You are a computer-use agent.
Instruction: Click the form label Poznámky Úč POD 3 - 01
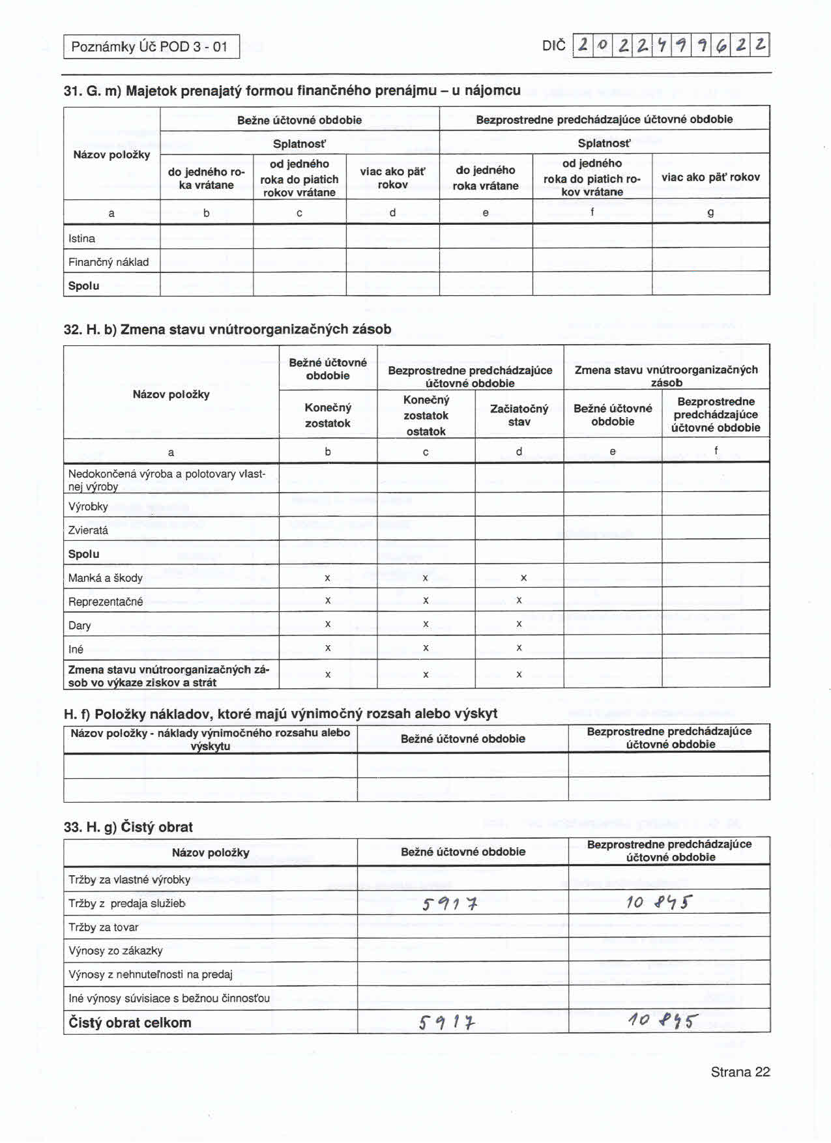149,47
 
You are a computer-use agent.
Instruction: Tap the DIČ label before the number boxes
553,46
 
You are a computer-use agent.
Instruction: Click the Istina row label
81,239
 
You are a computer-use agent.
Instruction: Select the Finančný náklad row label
108,262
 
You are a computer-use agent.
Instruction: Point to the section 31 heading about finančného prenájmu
292,91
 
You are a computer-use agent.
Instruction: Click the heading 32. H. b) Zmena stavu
227,329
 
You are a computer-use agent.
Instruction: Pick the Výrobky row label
88,506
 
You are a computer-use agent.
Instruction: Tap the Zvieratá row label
88,530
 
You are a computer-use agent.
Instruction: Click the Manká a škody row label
105,578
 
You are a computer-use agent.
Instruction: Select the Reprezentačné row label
106,601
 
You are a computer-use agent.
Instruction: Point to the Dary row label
80,626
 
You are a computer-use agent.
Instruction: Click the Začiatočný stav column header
519,415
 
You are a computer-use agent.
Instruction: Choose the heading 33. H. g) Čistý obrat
128,827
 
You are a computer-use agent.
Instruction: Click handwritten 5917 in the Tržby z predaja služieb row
450,904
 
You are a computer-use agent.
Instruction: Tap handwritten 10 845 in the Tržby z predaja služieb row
658,903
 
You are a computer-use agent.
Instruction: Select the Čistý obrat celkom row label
130,1022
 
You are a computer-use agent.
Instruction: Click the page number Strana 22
740,1072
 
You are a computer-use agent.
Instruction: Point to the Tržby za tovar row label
103,927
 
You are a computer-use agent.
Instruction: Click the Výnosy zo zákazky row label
115,951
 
